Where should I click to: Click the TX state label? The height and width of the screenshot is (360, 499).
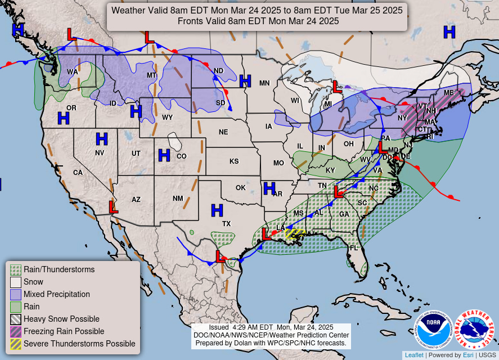click(227, 223)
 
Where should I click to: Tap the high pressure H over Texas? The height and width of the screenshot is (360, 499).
click(217, 210)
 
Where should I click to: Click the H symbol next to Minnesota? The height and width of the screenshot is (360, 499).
click(245, 81)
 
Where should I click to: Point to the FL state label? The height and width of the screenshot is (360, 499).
click(353, 247)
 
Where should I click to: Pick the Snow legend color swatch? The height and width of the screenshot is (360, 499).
click(16, 282)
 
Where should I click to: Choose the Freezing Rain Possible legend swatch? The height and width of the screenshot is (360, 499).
click(16, 331)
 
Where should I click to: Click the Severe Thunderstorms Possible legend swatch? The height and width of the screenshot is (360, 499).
click(16, 344)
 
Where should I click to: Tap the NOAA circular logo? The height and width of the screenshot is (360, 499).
click(434, 330)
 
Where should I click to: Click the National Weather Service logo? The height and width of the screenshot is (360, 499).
click(474, 330)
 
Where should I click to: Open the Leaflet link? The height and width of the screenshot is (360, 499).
click(414, 355)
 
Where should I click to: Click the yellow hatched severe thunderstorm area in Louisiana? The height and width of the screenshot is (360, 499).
click(294, 233)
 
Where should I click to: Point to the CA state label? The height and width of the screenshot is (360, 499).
click(78, 172)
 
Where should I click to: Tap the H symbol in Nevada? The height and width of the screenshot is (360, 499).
click(101, 138)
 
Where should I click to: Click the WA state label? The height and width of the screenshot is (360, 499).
click(73, 72)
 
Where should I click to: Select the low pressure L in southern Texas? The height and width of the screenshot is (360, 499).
click(220, 256)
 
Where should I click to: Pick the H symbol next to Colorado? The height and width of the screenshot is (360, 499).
click(164, 155)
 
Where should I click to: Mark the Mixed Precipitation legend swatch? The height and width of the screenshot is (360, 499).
click(16, 294)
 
